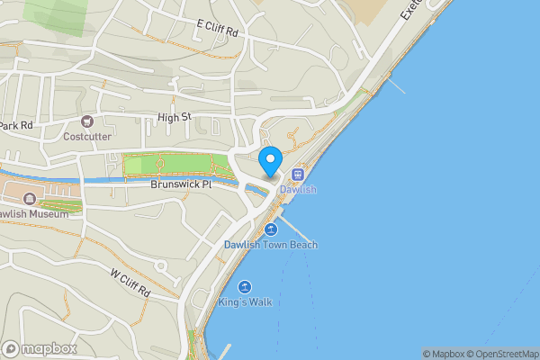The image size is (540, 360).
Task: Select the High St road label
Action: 175,117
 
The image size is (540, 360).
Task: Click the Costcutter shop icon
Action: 87,121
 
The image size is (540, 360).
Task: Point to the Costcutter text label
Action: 87,137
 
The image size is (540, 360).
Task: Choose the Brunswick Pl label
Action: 180,184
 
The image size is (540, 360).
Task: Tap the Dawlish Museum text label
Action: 32,214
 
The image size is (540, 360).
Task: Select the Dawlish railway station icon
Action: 298,175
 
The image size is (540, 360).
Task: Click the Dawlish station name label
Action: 298,190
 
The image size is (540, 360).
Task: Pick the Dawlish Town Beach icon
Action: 269,229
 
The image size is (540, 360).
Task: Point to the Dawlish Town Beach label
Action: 271,245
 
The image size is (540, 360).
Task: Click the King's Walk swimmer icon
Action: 244,287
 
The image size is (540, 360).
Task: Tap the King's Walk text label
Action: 245,302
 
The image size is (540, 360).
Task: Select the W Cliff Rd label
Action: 129,283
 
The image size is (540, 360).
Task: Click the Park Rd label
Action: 16,125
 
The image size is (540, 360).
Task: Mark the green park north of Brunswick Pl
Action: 175,166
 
